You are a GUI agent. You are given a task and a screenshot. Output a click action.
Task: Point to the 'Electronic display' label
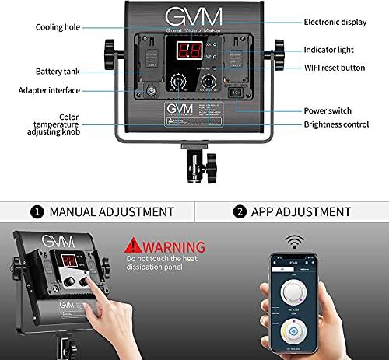(333, 23)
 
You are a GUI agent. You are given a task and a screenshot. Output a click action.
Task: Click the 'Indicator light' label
(329, 50)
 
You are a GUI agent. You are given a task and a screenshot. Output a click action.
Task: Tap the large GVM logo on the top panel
(194, 18)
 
